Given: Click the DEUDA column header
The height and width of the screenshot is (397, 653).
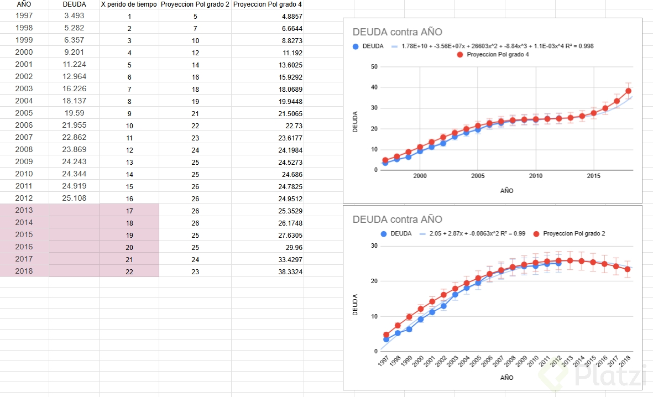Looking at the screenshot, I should click(74, 4).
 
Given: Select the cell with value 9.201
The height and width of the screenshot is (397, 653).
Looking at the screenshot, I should click(75, 52).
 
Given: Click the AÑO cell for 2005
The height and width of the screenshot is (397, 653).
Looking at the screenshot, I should click(24, 113).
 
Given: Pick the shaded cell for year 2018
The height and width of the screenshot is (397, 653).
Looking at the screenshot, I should click(24, 271).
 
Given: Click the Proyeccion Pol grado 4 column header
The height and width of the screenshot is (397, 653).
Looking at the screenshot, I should click(268, 4).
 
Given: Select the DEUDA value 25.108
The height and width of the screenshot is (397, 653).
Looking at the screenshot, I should click(75, 198).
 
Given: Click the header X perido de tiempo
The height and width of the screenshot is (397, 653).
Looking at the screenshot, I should click(129, 4).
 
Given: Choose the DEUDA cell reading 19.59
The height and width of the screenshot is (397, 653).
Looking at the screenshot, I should click(75, 113).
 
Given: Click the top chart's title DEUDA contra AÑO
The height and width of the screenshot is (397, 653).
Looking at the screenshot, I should click(397, 32).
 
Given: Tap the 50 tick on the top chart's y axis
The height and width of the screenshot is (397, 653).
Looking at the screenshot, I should click(374, 67).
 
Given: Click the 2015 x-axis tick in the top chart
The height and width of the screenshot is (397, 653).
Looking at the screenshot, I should click(594, 176).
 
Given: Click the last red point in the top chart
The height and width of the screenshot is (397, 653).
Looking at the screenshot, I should click(629, 91).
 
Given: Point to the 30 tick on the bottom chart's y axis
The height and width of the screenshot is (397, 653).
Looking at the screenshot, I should click(374, 246).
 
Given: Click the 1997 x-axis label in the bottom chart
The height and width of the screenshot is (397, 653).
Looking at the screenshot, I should click(383, 361).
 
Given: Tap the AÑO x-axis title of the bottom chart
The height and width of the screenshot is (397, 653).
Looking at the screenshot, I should click(506, 378).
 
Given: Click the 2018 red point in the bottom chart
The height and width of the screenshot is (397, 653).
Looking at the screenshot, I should click(628, 269).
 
